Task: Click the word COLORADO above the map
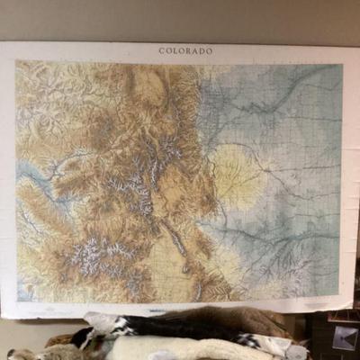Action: coord(185,51)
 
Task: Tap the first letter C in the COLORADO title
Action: coord(162,51)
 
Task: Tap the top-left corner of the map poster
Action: coord(2,43)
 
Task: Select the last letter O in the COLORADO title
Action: coord(210,51)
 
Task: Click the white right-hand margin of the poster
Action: coord(349,180)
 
